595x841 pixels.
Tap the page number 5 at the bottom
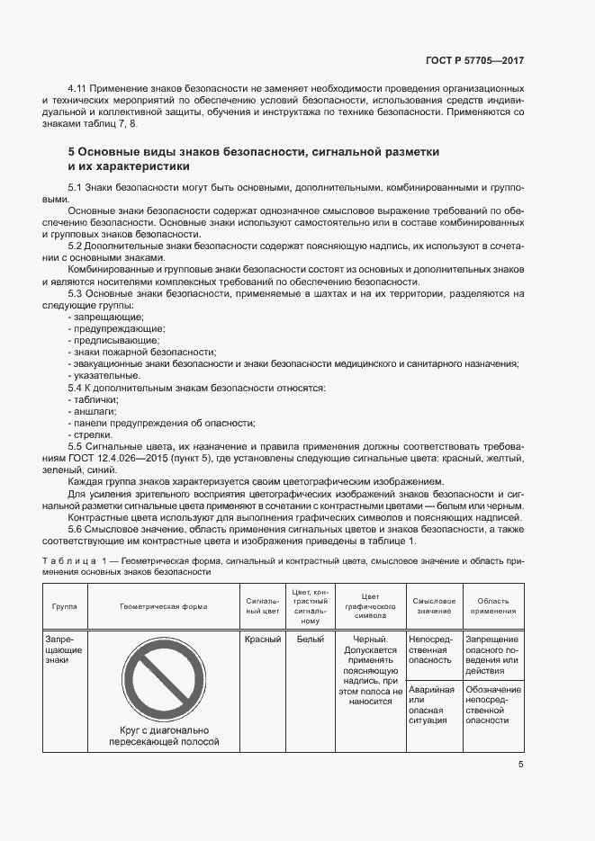pos(521,765)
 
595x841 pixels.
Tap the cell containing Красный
pos(262,640)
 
